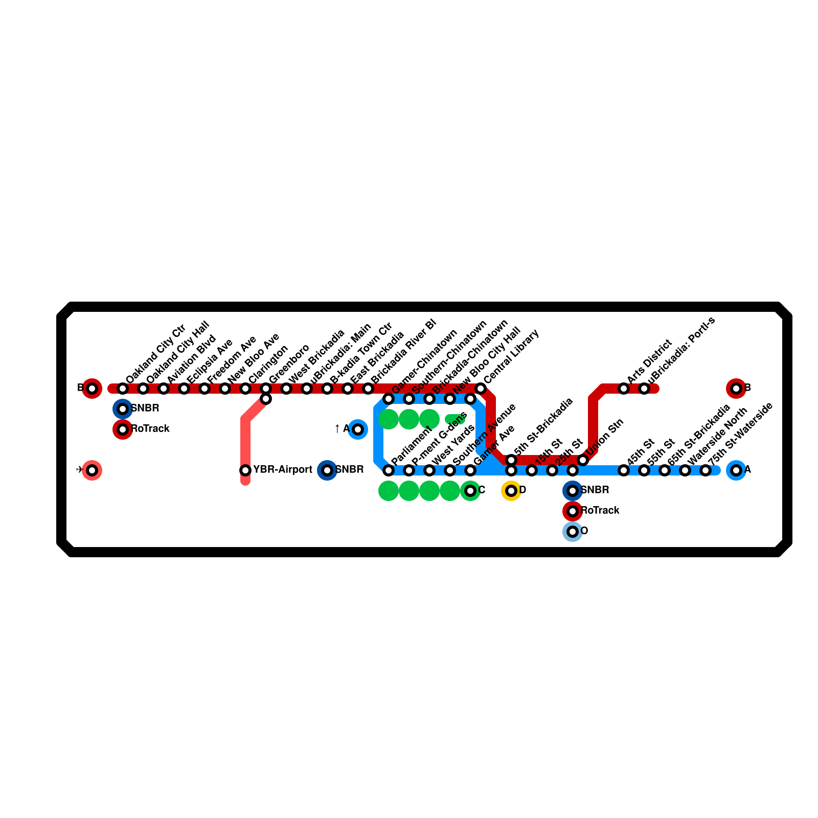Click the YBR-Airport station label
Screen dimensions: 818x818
[x=282, y=470]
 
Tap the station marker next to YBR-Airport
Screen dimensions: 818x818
[x=245, y=470]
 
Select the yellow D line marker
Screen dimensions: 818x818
[x=511, y=491]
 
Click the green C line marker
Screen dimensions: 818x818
[x=470, y=491]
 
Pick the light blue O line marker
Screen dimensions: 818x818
[x=573, y=532]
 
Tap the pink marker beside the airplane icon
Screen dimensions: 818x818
[x=92, y=470]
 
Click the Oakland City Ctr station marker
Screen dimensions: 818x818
[x=123, y=389]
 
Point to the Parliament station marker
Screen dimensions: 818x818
[x=389, y=470]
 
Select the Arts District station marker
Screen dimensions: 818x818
[x=624, y=389]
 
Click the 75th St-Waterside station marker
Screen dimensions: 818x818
[x=706, y=470]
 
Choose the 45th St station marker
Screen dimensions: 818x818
[x=624, y=470]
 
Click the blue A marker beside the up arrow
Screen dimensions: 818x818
[x=358, y=429]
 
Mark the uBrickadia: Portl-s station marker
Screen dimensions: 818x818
[x=644, y=389]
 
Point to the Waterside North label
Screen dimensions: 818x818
[x=718, y=436]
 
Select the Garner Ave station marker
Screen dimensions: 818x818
[x=470, y=470]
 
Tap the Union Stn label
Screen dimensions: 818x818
[x=605, y=438]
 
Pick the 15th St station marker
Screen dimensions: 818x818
[x=532, y=470]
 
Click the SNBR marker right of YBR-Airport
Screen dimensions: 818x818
[x=327, y=470]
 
